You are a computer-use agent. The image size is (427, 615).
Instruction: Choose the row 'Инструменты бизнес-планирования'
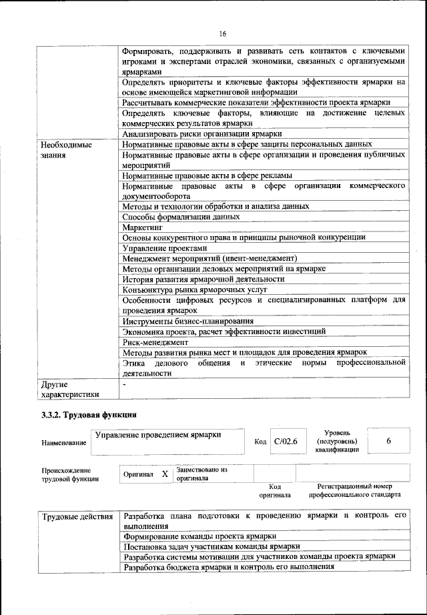(188, 321)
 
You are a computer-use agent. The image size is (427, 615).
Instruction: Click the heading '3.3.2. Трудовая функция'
(89, 415)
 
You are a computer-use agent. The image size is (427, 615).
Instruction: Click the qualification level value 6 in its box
(388, 442)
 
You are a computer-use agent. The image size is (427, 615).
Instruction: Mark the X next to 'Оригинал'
(164, 474)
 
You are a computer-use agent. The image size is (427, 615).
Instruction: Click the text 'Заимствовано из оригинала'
(201, 474)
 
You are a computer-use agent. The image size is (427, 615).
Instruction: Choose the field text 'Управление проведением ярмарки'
(158, 435)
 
